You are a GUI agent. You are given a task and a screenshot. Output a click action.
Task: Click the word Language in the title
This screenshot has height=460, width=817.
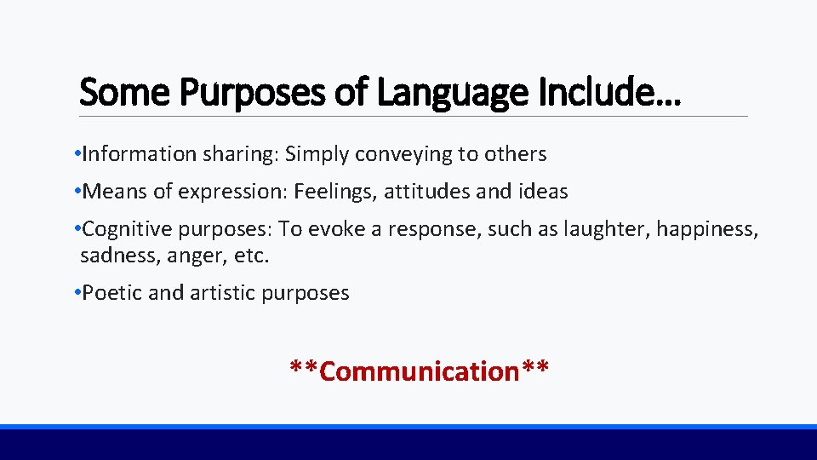pyautogui.click(x=448, y=92)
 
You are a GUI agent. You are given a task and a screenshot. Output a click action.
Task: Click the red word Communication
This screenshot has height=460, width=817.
pyautogui.click(x=420, y=371)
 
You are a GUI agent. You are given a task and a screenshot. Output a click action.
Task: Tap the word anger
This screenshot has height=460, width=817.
pyautogui.click(x=183, y=256)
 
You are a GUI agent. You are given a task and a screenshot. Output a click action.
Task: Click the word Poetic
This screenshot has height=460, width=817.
pyautogui.click(x=112, y=293)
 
